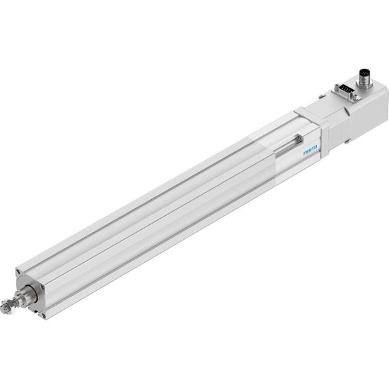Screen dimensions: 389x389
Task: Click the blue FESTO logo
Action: (x=310, y=150)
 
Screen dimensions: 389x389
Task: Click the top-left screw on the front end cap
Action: (x=18, y=272)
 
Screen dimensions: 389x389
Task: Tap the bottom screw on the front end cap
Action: (x=43, y=315)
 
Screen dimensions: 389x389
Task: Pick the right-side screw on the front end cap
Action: (x=43, y=287)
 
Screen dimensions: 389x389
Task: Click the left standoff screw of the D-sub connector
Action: (x=336, y=87)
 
